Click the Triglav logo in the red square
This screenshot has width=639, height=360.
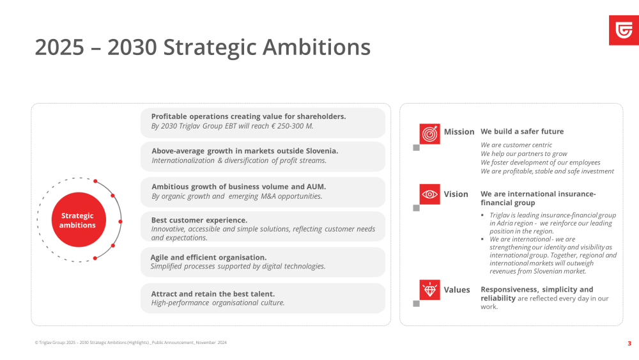click(x=624, y=31)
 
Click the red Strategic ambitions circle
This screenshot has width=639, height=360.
click(x=79, y=220)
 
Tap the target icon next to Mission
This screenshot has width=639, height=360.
click(x=429, y=134)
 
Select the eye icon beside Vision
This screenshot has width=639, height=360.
click(x=429, y=194)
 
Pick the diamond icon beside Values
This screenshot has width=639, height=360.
click(x=429, y=290)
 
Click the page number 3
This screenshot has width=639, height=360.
click(x=629, y=343)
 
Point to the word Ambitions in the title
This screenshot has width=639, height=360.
click(x=317, y=47)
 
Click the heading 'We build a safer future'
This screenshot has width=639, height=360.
click(x=522, y=131)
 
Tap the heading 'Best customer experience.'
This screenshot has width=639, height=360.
click(x=199, y=220)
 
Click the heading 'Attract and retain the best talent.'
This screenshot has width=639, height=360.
click(x=213, y=293)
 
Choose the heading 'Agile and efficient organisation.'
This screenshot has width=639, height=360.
click(x=208, y=257)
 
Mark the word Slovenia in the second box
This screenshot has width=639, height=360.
click(x=322, y=151)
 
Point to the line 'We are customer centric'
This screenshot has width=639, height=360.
click(x=516, y=145)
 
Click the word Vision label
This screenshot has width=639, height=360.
click(x=456, y=194)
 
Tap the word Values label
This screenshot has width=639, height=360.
click(x=457, y=290)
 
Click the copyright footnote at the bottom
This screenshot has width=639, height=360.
click(x=131, y=343)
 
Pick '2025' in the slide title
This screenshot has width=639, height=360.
click(x=59, y=47)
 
